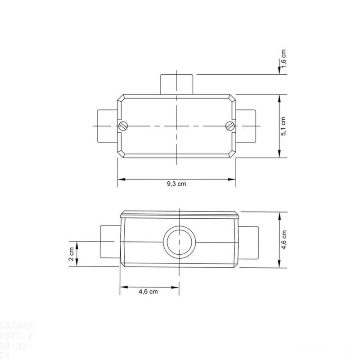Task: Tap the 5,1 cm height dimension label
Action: (x=283, y=126)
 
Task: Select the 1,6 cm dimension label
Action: (x=283, y=58)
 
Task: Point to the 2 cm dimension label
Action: (x=71, y=254)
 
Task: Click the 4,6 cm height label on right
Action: (x=283, y=240)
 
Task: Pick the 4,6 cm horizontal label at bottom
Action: (x=148, y=292)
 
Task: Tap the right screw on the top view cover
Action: (x=229, y=126)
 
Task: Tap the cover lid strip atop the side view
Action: (x=179, y=214)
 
